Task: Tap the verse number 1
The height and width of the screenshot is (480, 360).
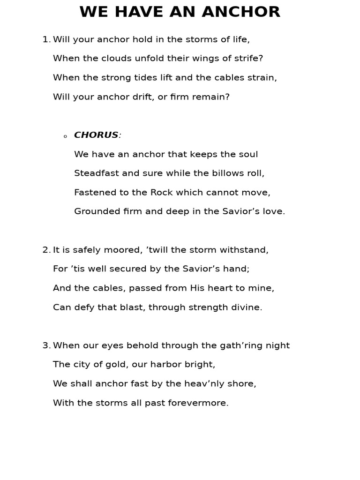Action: pyautogui.click(x=45, y=40)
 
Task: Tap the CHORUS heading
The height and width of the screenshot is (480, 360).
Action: pyautogui.click(x=96, y=135)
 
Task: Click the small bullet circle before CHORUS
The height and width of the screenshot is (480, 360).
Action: pyautogui.click(x=65, y=136)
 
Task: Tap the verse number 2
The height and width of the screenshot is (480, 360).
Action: pyautogui.click(x=45, y=250)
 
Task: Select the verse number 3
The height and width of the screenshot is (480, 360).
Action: pyautogui.click(x=45, y=346)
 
